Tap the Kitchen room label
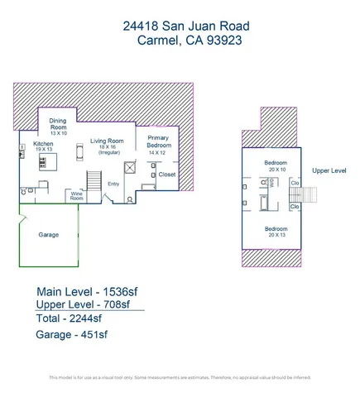click(x=42, y=143)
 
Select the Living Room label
click(x=108, y=141)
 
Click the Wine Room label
click(x=76, y=196)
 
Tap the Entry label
click(x=113, y=184)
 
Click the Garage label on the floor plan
click(x=48, y=235)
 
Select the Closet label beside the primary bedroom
click(x=166, y=175)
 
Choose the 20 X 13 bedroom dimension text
click(x=276, y=235)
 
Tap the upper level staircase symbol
click(x=313, y=198)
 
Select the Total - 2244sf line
click(x=70, y=318)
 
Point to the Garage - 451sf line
click(x=72, y=335)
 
